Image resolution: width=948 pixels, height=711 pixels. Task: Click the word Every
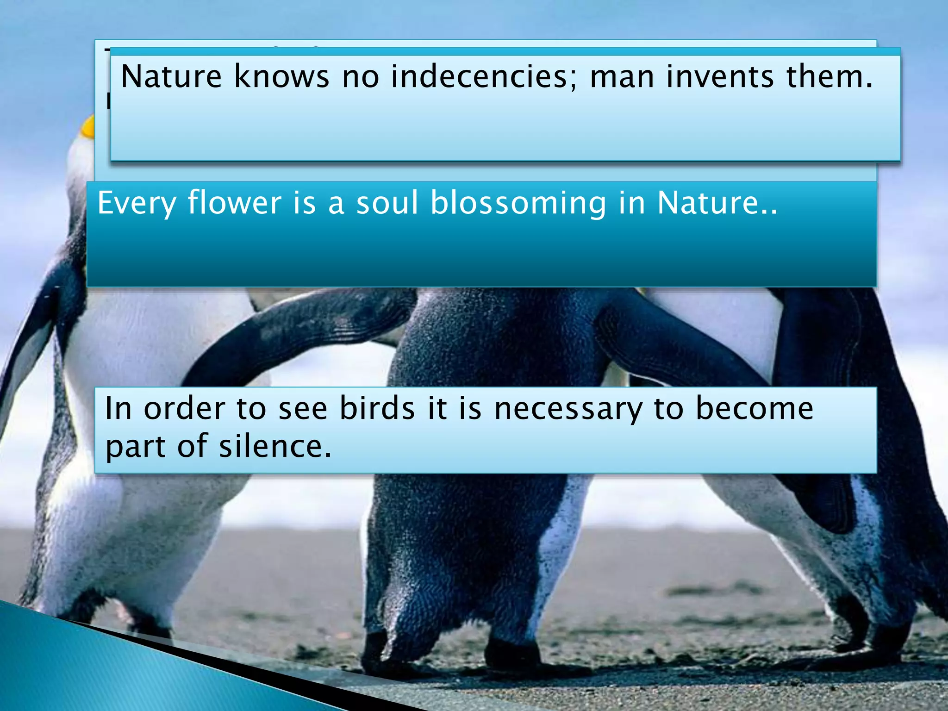[x=136, y=204]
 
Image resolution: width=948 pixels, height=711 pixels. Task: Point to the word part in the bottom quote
[x=135, y=447]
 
